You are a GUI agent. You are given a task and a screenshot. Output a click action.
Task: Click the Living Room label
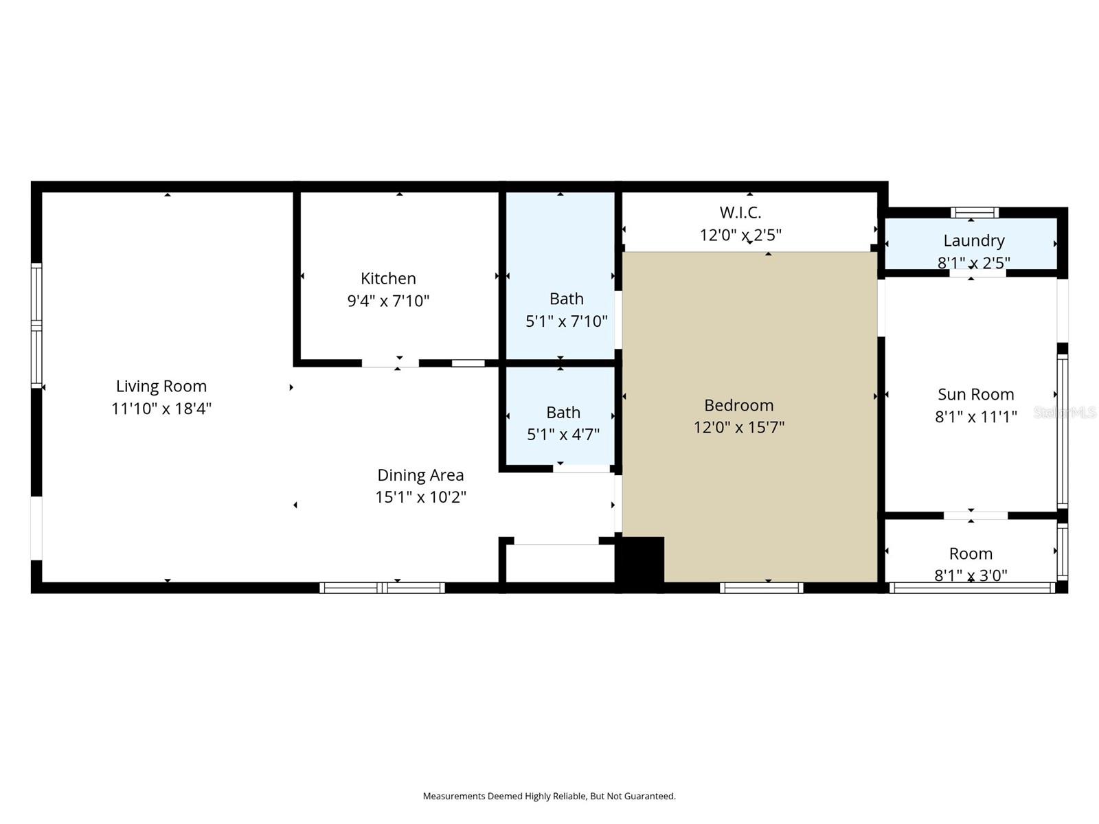click(x=161, y=386)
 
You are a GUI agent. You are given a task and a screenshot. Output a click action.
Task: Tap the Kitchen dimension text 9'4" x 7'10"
click(x=388, y=301)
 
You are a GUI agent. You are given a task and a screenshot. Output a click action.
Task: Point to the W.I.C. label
click(x=740, y=212)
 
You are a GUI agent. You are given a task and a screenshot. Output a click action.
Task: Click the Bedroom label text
click(x=738, y=405)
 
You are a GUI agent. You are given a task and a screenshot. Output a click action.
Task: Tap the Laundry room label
click(x=973, y=240)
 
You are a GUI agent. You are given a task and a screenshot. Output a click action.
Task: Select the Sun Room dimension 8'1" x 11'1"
click(x=975, y=417)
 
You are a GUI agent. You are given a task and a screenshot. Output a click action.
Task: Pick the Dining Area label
click(x=420, y=475)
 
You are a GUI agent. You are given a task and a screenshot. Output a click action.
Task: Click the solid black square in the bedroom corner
click(x=639, y=560)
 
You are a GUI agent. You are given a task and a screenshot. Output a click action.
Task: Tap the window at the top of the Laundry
click(x=974, y=212)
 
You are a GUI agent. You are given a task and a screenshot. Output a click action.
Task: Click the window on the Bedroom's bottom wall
click(x=761, y=588)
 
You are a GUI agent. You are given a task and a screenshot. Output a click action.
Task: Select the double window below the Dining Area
click(x=383, y=588)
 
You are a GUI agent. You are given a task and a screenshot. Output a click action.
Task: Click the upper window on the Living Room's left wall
click(x=36, y=292)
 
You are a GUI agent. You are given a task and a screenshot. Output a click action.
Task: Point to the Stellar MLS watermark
click(x=1065, y=412)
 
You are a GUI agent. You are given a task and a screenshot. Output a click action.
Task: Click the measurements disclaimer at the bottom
click(x=549, y=797)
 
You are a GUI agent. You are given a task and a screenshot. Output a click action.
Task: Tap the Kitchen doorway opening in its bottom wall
click(x=390, y=363)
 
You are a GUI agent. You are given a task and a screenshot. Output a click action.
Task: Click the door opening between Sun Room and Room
click(x=975, y=515)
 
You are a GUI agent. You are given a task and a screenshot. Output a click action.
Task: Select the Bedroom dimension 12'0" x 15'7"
click(x=738, y=427)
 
